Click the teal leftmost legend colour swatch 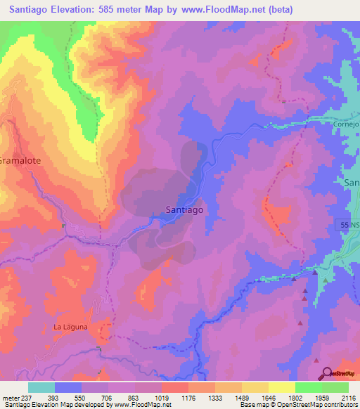coord(41,387)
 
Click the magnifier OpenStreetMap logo coord(327,373)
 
